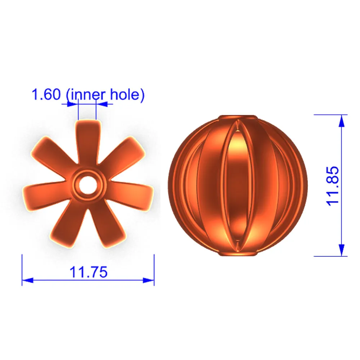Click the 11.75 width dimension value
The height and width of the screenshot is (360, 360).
click(x=89, y=272)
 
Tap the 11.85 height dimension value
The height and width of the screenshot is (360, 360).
click(x=332, y=186)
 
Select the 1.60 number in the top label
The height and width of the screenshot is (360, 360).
click(x=46, y=94)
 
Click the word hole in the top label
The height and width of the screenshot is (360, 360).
click(x=125, y=94)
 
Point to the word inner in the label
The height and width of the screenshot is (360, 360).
click(x=88, y=95)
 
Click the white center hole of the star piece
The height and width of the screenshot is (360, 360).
click(x=88, y=185)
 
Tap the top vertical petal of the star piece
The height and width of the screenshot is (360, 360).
click(x=88, y=142)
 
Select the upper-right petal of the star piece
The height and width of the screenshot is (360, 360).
click(x=122, y=153)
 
